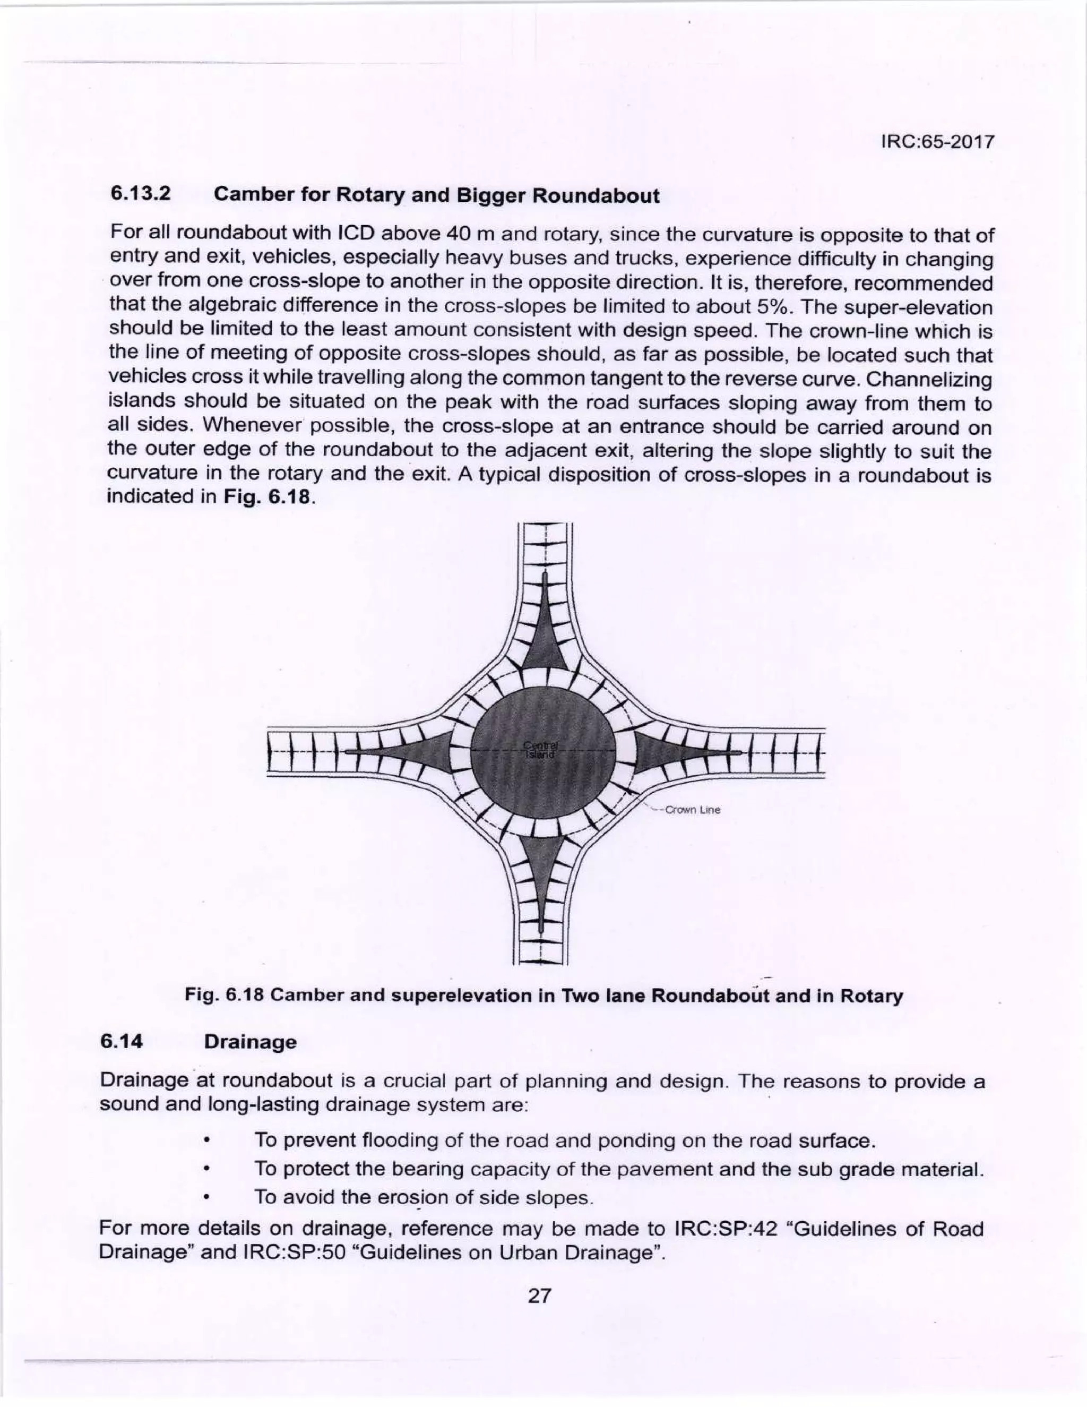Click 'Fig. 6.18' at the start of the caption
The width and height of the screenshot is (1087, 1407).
tap(224, 996)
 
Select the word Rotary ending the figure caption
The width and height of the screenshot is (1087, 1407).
tap(875, 996)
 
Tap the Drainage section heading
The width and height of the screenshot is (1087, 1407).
tap(250, 1042)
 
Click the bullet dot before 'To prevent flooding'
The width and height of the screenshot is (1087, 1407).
tap(205, 1142)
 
